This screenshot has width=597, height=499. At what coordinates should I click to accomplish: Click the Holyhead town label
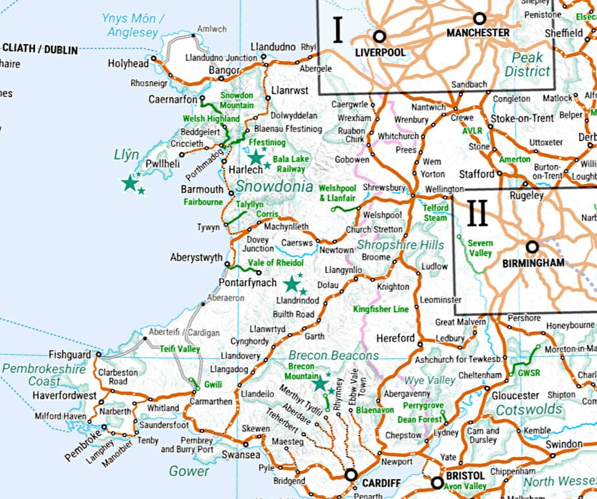[128, 64]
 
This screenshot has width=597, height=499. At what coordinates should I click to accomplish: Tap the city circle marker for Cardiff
[351, 475]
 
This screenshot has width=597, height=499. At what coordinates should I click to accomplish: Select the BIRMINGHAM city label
[533, 262]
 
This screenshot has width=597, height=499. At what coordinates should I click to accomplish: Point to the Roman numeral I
[338, 30]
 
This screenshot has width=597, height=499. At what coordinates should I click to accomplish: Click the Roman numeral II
[477, 214]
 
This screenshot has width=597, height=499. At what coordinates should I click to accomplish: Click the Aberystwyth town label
[196, 258]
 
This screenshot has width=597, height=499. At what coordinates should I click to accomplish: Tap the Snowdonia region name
[275, 187]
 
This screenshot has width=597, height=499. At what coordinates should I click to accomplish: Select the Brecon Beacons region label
[334, 356]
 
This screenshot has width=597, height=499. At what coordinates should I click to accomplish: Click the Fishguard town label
[71, 354]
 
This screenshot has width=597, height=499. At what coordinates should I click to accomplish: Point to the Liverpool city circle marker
[379, 36]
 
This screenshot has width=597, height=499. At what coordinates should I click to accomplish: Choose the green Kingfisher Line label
[381, 309]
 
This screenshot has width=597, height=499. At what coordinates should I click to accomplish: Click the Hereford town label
[395, 339]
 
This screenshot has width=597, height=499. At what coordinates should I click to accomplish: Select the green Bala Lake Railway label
[291, 164]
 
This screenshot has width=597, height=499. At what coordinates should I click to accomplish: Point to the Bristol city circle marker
[437, 483]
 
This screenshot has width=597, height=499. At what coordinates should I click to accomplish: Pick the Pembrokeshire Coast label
[43, 375]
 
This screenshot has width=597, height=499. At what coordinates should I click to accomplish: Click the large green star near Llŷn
[130, 184]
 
